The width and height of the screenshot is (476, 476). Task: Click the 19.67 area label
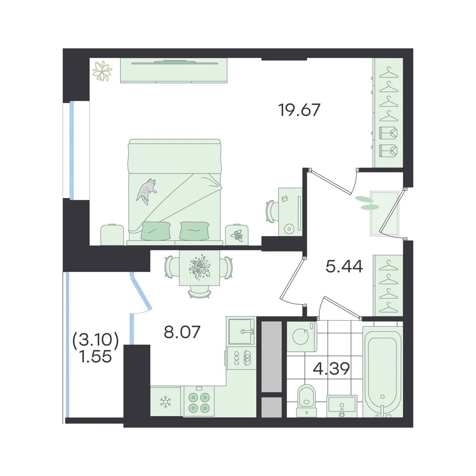299,110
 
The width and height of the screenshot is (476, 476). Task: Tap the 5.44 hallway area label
344,267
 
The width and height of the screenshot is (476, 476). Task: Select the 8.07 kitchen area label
182,332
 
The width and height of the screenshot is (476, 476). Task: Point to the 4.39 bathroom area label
331,369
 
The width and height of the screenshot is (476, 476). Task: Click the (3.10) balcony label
96,340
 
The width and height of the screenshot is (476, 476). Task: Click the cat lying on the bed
147,191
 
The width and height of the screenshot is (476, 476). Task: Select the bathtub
383,371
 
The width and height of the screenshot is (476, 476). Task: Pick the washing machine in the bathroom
302,337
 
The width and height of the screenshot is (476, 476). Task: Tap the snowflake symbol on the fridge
166,402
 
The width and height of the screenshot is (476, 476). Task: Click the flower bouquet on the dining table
199,267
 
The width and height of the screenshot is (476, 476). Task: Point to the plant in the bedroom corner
102,71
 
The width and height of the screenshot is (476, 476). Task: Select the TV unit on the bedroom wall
174,70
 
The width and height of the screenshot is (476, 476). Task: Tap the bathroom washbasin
342,406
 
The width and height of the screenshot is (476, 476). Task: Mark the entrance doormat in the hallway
384,213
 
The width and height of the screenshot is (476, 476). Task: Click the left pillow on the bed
156,230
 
